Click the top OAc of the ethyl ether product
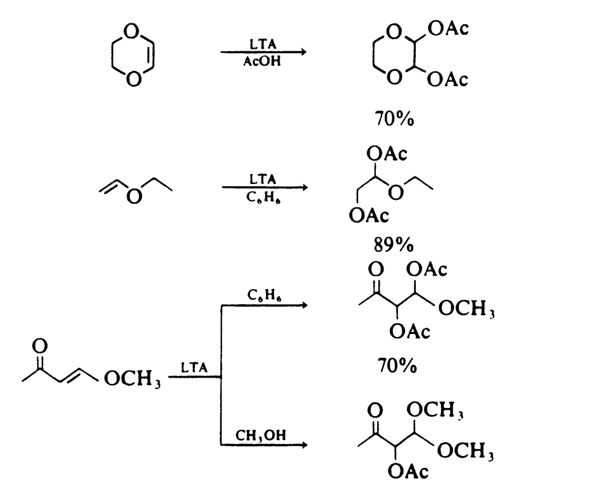(x=387, y=154)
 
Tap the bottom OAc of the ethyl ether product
(x=368, y=217)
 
